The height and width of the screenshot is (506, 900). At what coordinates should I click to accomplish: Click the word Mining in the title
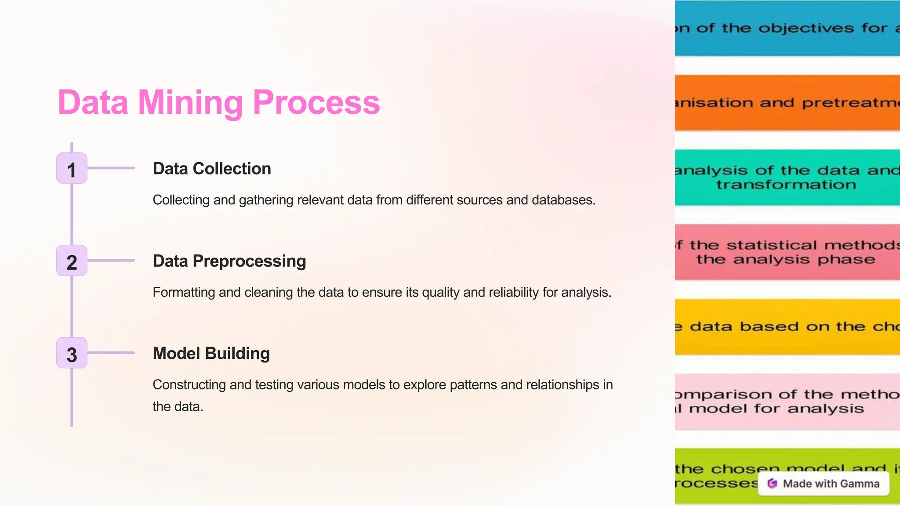[190, 102]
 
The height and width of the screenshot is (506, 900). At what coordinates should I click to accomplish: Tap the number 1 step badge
[72, 168]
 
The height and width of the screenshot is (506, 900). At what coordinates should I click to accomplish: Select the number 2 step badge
[72, 260]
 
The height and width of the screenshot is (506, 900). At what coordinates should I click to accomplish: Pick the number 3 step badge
[72, 353]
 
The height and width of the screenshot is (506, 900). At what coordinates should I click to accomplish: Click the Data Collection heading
[212, 169]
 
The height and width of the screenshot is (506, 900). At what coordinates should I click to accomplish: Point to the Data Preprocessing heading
[229, 261]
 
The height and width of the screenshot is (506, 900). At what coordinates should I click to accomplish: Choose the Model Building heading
[211, 353]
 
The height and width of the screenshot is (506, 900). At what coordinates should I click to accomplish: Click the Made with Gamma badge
[824, 484]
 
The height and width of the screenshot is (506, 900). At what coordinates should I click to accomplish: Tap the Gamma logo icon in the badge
[772, 484]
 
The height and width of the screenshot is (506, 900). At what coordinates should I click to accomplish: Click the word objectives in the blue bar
[806, 28]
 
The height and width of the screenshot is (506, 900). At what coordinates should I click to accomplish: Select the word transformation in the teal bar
[786, 184]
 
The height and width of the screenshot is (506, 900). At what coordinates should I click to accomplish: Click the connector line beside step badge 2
[111, 260]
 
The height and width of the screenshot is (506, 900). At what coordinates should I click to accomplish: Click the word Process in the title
[316, 102]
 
